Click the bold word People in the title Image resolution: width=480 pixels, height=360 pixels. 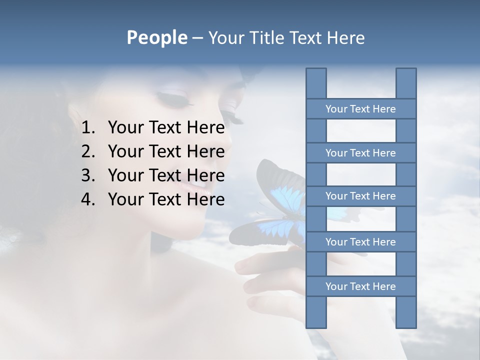[156, 37]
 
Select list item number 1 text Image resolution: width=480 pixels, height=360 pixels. [166, 128]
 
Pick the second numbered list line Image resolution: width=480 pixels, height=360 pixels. [166, 151]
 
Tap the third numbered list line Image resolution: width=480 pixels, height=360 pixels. [166, 175]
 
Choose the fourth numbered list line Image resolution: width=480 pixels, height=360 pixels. [166, 199]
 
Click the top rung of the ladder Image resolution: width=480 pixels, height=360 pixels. [360, 109]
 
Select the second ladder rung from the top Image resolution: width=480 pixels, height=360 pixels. [360, 153]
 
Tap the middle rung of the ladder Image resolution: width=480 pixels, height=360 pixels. [360, 196]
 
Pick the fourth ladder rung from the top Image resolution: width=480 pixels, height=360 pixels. [360, 242]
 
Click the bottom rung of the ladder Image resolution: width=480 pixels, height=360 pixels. [360, 286]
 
